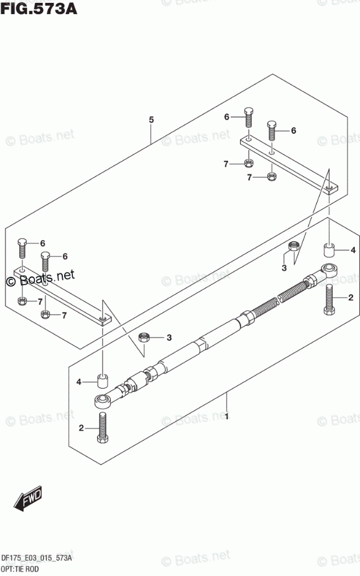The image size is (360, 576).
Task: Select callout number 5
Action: (x=151, y=120)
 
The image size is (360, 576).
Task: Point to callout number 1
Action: (x=227, y=417)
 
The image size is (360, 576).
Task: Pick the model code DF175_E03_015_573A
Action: (x=37, y=558)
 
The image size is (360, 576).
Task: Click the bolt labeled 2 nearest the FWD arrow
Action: (x=104, y=429)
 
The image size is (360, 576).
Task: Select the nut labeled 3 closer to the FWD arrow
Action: (x=144, y=338)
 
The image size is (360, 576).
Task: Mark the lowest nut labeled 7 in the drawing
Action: (x=46, y=315)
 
